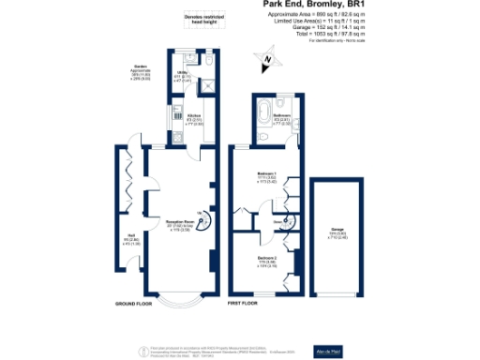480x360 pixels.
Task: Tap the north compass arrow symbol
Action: click(x=266, y=62)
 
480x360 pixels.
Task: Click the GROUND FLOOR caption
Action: click(x=135, y=305)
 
